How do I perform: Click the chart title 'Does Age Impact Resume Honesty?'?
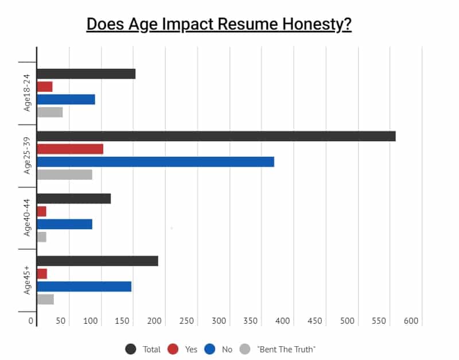tap(219, 25)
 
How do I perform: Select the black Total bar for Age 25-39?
tap(216, 136)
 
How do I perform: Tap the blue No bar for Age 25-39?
tap(155, 161)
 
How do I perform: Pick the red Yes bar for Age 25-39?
tap(69, 149)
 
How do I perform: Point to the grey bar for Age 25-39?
tap(64, 174)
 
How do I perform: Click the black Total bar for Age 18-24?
tap(85, 73)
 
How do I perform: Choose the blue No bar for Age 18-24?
tap(65, 99)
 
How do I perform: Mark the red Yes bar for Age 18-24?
tap(44, 86)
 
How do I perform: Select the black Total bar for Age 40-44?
tap(73, 199)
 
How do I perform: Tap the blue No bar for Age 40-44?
tap(64, 224)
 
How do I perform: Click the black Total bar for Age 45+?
tap(97, 261)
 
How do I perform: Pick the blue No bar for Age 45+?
tap(84, 286)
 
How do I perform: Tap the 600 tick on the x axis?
tap(411, 321)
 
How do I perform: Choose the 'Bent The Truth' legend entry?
tap(286, 349)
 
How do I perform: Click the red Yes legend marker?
tap(173, 349)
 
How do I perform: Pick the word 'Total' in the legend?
tap(151, 349)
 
